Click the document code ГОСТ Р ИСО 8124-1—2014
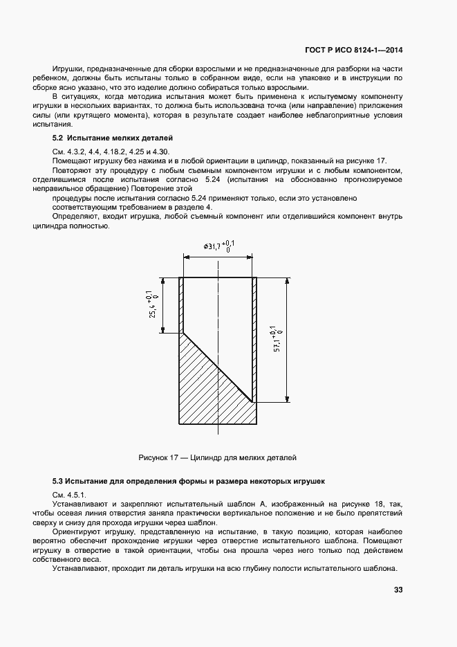355,50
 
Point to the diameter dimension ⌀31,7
218,245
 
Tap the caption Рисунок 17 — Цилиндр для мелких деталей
217,457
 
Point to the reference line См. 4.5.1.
68,494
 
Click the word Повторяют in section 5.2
75,170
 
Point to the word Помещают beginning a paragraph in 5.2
73,160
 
